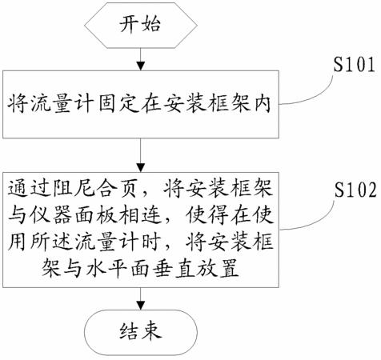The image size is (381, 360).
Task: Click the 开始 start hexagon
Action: point(141,26)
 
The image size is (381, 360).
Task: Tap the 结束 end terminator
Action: point(141,332)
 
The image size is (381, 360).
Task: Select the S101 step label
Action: point(354,65)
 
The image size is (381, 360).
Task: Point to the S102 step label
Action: point(355,190)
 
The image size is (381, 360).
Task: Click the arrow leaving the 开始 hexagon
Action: point(141,59)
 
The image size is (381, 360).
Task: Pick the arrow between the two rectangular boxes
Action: point(141,155)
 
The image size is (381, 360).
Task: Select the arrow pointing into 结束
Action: point(141,298)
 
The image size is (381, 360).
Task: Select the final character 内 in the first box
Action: point(263,103)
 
